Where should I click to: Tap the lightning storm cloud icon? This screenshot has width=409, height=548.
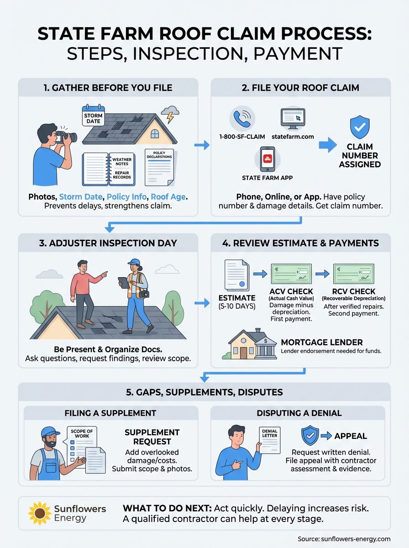coord(170,114)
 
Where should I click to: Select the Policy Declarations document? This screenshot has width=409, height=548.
coord(159,167)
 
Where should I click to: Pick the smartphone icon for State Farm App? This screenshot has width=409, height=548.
coord(267,159)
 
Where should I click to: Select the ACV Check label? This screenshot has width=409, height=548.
coord(291,291)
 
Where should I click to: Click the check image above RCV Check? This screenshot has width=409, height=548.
coord(354,274)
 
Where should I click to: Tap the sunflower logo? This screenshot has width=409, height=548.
coord(39,513)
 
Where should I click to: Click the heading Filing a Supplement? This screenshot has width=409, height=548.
coord(111,413)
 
